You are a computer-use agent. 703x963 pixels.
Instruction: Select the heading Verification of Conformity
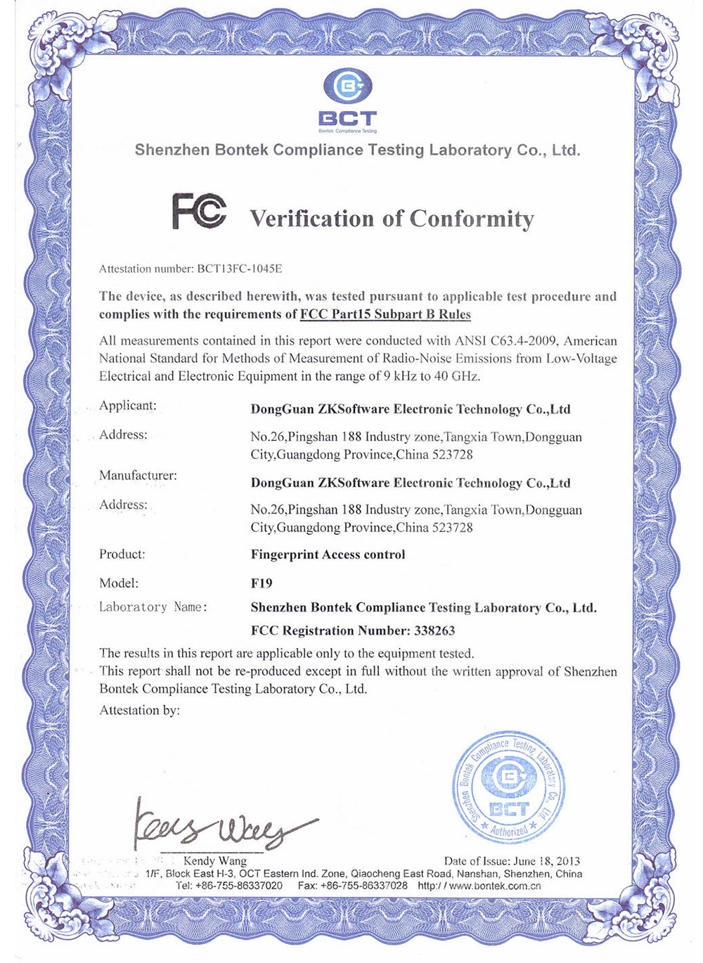click(x=392, y=219)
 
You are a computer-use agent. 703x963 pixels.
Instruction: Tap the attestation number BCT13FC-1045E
click(x=240, y=269)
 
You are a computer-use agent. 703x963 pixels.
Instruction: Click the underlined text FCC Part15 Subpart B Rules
click(x=385, y=314)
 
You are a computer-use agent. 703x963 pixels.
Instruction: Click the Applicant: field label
click(x=128, y=406)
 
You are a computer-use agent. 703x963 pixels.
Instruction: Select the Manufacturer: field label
click(x=138, y=476)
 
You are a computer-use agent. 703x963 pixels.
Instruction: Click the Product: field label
click(x=122, y=554)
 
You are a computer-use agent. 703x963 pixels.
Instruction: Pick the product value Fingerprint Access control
click(x=328, y=555)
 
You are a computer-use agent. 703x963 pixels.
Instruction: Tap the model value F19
click(x=262, y=583)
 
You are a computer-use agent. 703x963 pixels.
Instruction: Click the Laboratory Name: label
click(x=153, y=607)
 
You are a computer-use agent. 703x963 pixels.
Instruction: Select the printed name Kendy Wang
click(x=215, y=860)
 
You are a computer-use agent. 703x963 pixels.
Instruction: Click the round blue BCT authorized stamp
click(x=508, y=787)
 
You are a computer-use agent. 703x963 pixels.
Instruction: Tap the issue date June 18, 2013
click(x=547, y=861)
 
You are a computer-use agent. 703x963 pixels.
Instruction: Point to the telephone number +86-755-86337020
click(x=239, y=886)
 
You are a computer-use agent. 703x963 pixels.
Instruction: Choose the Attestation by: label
click(x=139, y=710)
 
